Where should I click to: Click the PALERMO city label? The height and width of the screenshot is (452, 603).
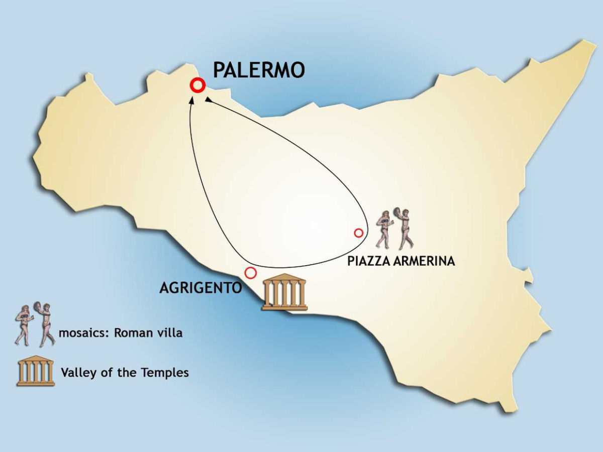tap(259, 70)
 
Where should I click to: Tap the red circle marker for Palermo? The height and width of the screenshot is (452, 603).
tap(197, 85)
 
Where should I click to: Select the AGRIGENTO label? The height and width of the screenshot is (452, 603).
tap(200, 288)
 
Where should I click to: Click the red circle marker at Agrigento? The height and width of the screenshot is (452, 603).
tap(250, 273)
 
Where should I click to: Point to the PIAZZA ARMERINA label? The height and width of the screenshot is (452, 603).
tap(401, 261)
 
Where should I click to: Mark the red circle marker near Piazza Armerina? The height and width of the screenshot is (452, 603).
tap(358, 233)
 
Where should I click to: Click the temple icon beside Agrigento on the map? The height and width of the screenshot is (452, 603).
tap(284, 292)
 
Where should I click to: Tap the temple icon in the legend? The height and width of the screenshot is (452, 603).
tap(35, 371)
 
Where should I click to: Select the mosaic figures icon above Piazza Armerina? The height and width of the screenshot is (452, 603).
tap(396, 229)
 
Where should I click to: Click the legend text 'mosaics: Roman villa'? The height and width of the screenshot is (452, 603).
tap(120, 333)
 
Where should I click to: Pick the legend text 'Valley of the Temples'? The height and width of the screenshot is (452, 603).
tap(125, 373)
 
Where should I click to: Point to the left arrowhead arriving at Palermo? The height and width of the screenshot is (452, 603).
tap(191, 101)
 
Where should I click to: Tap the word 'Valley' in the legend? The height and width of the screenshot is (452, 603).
tap(76, 373)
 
